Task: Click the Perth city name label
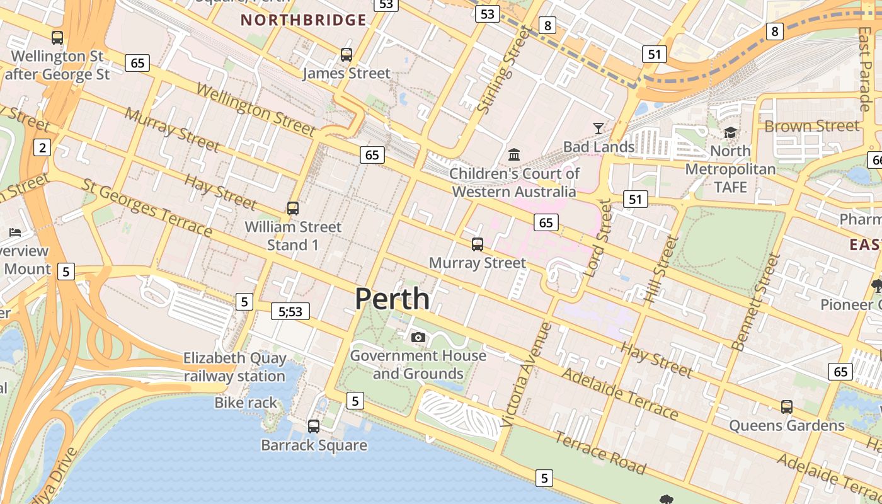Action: [x=392, y=299]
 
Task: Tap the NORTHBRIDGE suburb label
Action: [x=303, y=20]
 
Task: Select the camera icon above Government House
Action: [x=418, y=338]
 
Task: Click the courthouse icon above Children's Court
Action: [x=514, y=154]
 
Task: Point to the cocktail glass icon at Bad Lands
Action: [x=598, y=129]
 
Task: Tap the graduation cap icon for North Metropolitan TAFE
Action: [x=730, y=132]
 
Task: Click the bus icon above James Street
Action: [x=346, y=55]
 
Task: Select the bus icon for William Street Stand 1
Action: [x=292, y=209]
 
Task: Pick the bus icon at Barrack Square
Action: [x=314, y=427]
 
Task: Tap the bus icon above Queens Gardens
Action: [x=786, y=407]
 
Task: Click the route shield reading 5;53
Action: [x=290, y=311]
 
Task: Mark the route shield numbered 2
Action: [x=42, y=148]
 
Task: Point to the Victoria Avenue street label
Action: [x=525, y=375]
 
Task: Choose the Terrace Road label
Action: [x=600, y=453]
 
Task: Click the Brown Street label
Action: [x=811, y=126]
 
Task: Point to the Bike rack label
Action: [x=246, y=403]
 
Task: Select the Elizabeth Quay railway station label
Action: [x=234, y=367]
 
